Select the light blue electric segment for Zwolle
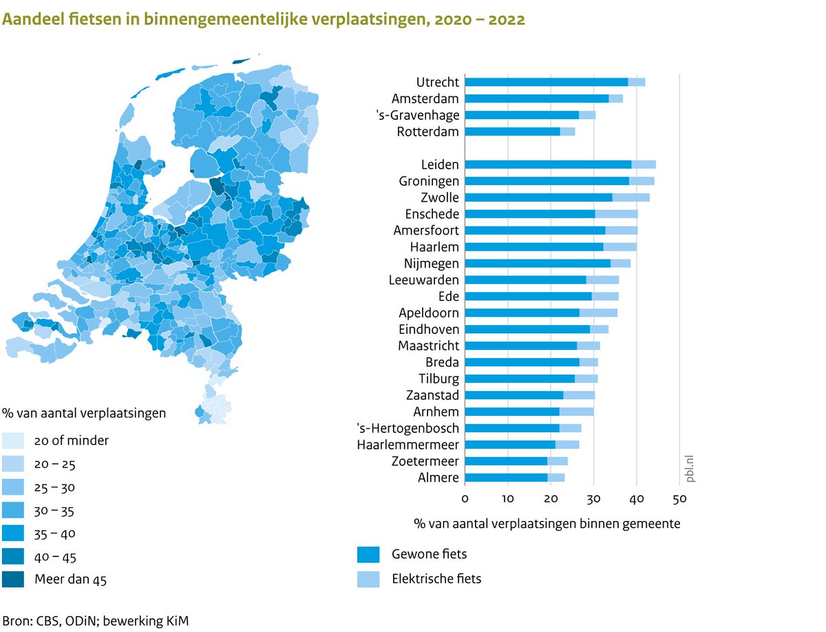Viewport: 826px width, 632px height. pyautogui.click(x=631, y=198)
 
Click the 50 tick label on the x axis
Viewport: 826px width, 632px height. pyautogui.click(x=679, y=498)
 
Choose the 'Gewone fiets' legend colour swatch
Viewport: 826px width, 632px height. pyautogui.click(x=368, y=554)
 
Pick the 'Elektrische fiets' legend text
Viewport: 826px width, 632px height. pyautogui.click(x=436, y=578)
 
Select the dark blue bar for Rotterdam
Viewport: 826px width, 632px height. pyautogui.click(x=512, y=131)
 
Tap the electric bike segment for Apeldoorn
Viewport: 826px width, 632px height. pyautogui.click(x=598, y=313)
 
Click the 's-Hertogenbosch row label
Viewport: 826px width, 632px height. pyautogui.click(x=407, y=428)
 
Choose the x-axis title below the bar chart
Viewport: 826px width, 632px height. pyautogui.click(x=547, y=523)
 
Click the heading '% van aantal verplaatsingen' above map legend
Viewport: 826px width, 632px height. pyautogui.click(x=84, y=413)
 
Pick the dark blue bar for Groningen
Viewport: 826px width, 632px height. pyautogui.click(x=547, y=181)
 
